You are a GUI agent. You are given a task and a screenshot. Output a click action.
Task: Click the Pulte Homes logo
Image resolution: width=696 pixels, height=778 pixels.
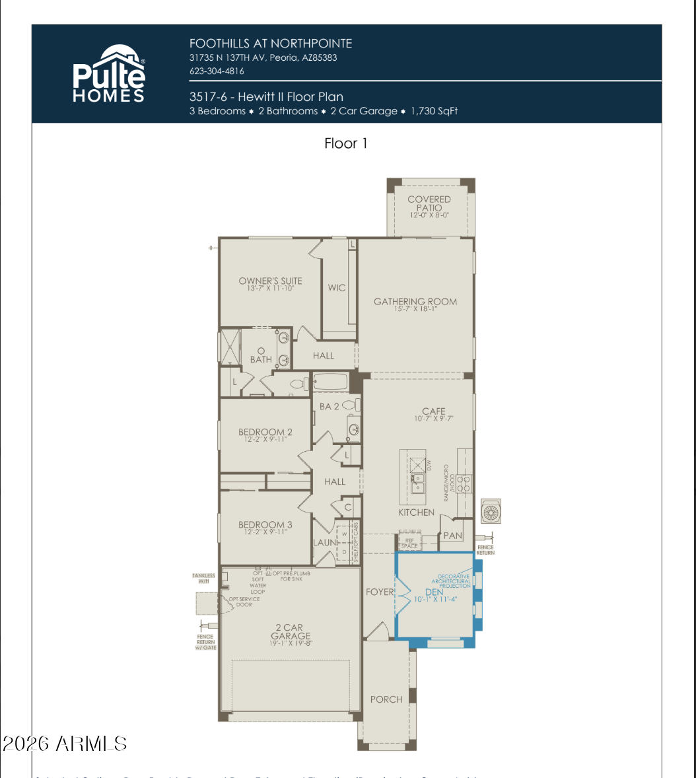point(109,74)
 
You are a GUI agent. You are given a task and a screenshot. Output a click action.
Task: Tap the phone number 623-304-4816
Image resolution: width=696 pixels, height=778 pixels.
point(217,71)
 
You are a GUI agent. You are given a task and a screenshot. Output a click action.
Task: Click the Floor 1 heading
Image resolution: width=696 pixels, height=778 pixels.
point(345,143)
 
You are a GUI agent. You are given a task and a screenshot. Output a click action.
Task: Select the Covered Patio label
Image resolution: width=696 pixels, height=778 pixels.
point(429,203)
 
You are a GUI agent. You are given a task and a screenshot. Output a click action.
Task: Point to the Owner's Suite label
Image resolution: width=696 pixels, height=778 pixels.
point(270,281)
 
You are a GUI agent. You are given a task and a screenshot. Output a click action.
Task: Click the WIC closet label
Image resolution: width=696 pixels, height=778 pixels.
point(337,288)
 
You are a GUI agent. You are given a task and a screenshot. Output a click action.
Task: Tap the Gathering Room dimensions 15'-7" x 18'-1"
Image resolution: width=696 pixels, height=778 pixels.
point(415,309)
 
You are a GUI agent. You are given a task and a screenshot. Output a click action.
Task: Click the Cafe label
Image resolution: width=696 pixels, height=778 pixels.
point(434,411)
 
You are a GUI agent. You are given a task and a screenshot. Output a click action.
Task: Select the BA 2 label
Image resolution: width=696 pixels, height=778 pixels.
point(329,407)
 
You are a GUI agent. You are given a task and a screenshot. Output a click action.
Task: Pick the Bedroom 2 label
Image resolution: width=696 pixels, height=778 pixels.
point(265,433)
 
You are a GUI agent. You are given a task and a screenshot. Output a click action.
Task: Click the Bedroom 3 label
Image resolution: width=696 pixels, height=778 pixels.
point(265,525)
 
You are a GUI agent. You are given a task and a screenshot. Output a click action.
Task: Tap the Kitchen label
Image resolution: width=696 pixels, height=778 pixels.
point(417,513)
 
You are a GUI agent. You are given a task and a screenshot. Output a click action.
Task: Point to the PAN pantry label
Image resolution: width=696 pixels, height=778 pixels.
point(452,536)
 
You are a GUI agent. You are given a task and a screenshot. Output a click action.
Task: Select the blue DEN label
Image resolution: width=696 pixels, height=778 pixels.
point(433,592)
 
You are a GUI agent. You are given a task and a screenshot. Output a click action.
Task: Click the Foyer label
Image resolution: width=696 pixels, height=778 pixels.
point(379,592)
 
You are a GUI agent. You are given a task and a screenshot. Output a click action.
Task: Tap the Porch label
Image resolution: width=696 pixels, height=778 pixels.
point(386,699)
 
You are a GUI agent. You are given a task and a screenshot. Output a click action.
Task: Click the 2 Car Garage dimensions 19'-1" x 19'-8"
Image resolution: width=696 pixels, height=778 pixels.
point(291,643)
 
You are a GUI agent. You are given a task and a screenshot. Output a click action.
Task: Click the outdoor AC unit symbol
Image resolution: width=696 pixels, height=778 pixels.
point(491,513)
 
